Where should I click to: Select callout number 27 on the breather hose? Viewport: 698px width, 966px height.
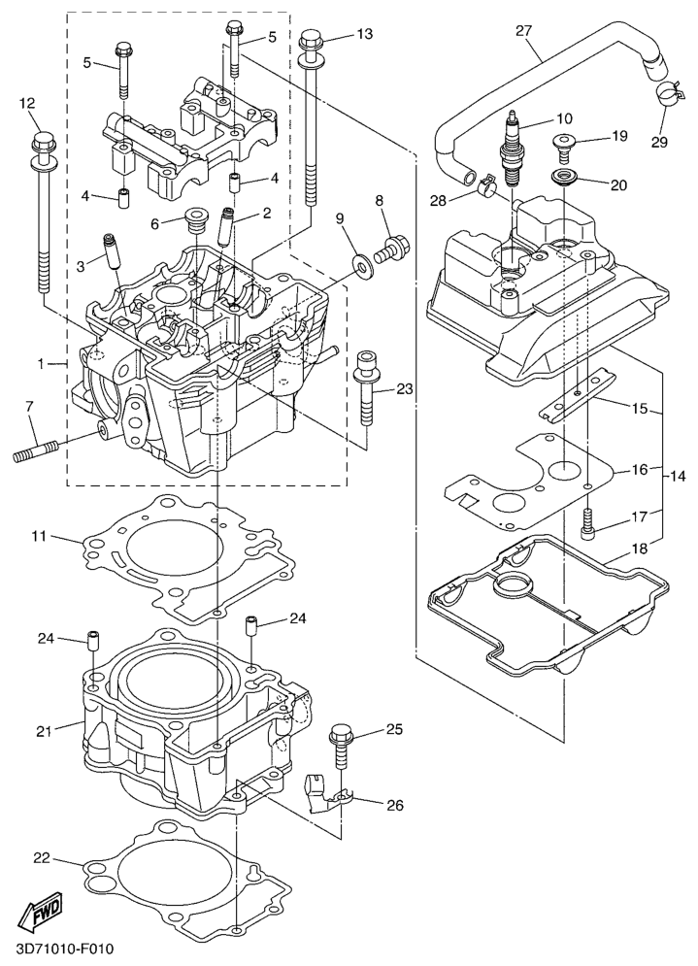(x=523, y=31)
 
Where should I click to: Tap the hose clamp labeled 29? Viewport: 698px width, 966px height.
(x=665, y=93)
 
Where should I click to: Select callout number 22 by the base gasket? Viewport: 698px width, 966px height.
(x=40, y=858)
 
